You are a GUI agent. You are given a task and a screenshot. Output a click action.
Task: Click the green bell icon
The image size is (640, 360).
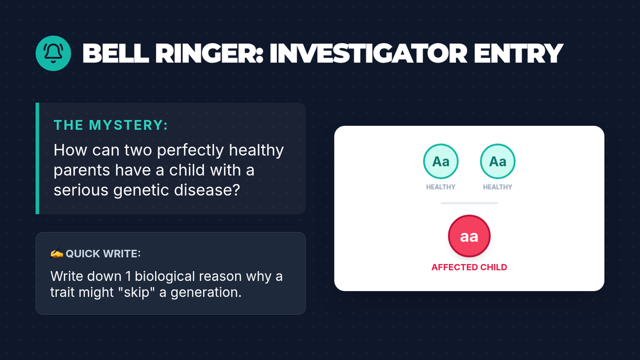(53, 53)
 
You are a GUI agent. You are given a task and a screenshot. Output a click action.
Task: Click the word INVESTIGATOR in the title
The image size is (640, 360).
(369, 53)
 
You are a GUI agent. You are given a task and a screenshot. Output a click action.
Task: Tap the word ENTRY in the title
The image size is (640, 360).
(518, 53)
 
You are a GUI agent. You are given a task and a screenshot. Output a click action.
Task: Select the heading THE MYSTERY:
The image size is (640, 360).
(111, 125)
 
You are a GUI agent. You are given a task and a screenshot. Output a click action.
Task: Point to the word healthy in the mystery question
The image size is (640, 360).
(257, 150)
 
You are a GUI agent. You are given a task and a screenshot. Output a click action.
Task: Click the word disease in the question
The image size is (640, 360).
(207, 190)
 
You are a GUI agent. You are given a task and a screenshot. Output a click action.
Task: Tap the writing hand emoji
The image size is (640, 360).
(57, 253)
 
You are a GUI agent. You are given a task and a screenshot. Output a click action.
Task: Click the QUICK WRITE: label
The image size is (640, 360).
(103, 254)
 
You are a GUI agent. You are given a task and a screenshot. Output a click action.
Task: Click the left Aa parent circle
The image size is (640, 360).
(441, 162)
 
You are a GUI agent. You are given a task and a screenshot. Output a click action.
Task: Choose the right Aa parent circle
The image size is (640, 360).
(498, 162)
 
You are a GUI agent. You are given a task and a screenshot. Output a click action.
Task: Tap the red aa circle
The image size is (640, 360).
(469, 236)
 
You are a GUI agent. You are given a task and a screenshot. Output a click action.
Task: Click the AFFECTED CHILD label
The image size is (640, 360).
(469, 267)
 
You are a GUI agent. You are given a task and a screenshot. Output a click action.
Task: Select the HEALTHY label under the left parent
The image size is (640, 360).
(441, 187)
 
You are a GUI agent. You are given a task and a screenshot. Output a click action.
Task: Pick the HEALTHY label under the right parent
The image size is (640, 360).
(498, 187)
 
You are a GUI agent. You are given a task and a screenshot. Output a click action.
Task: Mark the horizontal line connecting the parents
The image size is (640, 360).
(469, 203)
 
